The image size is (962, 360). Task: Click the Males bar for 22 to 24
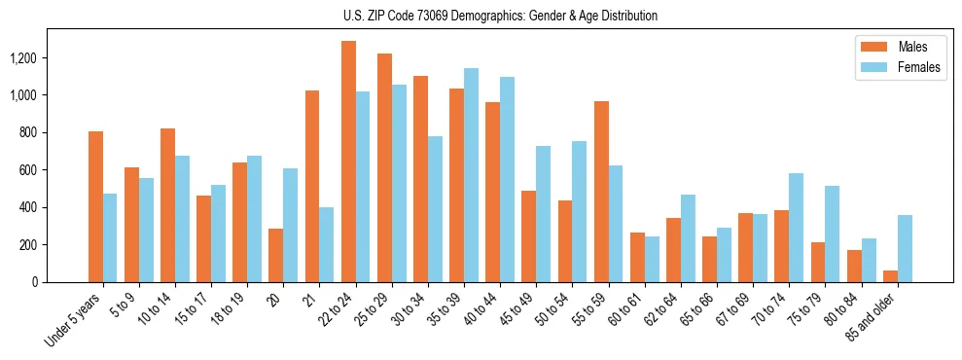[x=348, y=162]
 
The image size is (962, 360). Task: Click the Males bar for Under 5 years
[x=95, y=206]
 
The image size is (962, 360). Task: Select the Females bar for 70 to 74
[x=796, y=228]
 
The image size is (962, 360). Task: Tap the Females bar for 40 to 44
[x=507, y=179]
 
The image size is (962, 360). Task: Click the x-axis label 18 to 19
[x=231, y=308]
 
